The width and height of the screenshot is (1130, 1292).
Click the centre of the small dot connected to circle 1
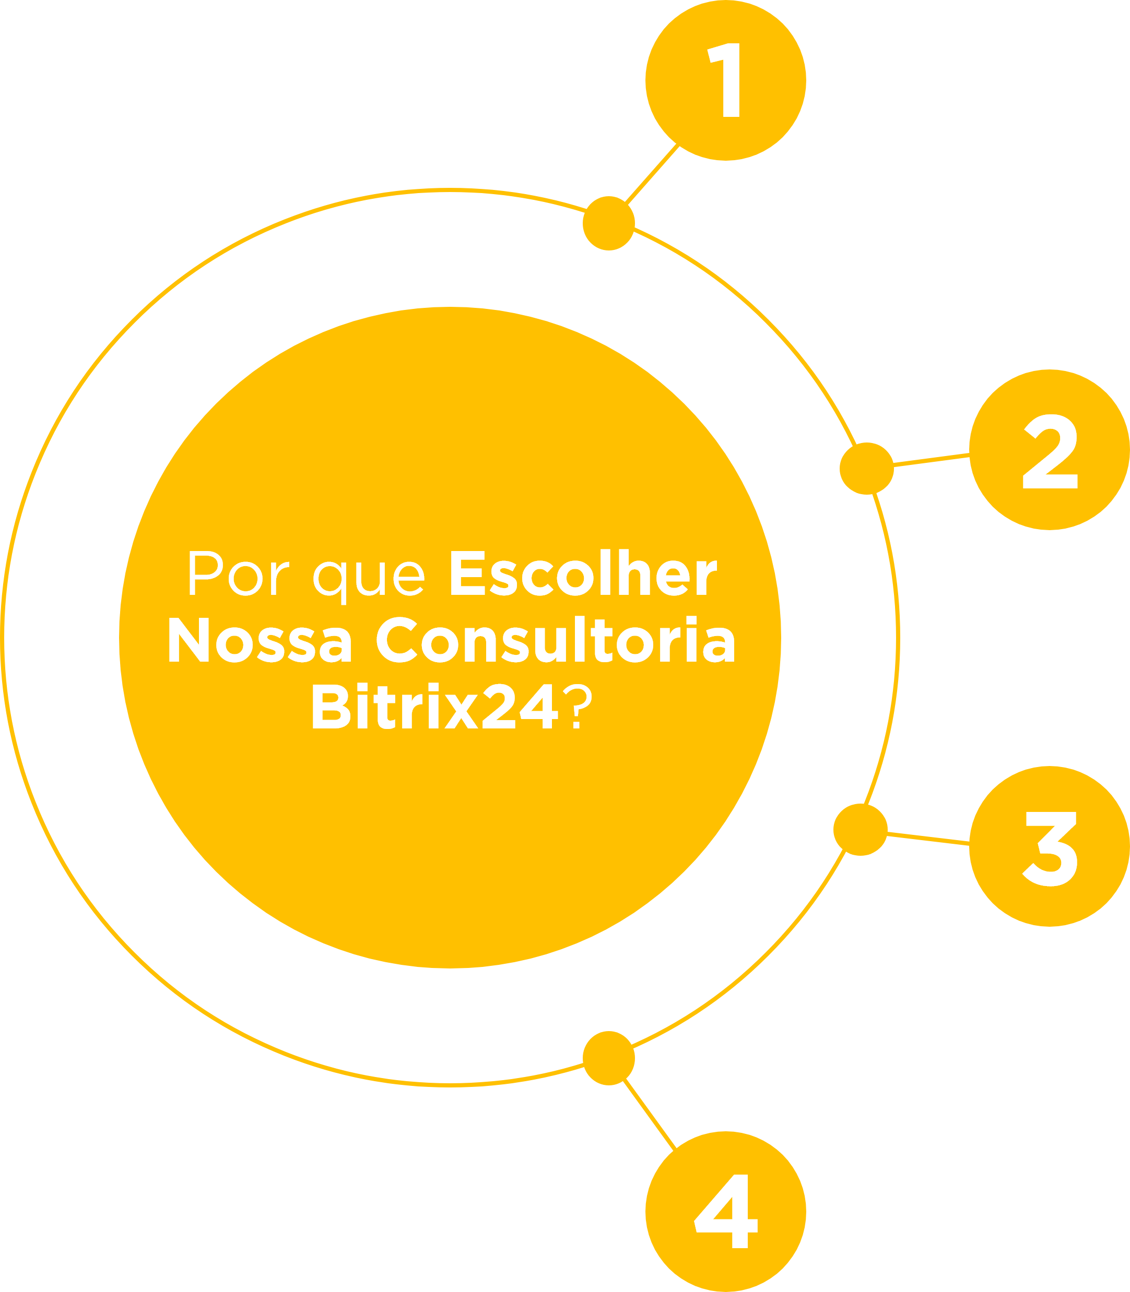coord(608,223)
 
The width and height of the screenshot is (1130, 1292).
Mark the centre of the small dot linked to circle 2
coord(866,468)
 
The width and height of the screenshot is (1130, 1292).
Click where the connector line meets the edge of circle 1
coord(678,146)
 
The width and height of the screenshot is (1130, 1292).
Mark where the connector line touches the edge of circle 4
coord(675,1150)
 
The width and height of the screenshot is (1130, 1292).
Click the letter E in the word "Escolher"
coord(467,573)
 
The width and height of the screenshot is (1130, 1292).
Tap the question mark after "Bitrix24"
coord(577,706)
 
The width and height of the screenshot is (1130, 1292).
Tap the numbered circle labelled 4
coord(726,1211)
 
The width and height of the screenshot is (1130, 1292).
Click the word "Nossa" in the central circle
coord(260,640)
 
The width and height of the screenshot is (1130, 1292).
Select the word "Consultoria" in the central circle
coord(556,639)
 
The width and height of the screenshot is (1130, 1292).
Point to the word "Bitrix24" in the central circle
coord(435,706)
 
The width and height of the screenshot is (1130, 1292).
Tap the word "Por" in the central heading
coord(239,573)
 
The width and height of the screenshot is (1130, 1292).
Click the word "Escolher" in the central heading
coord(584,572)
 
